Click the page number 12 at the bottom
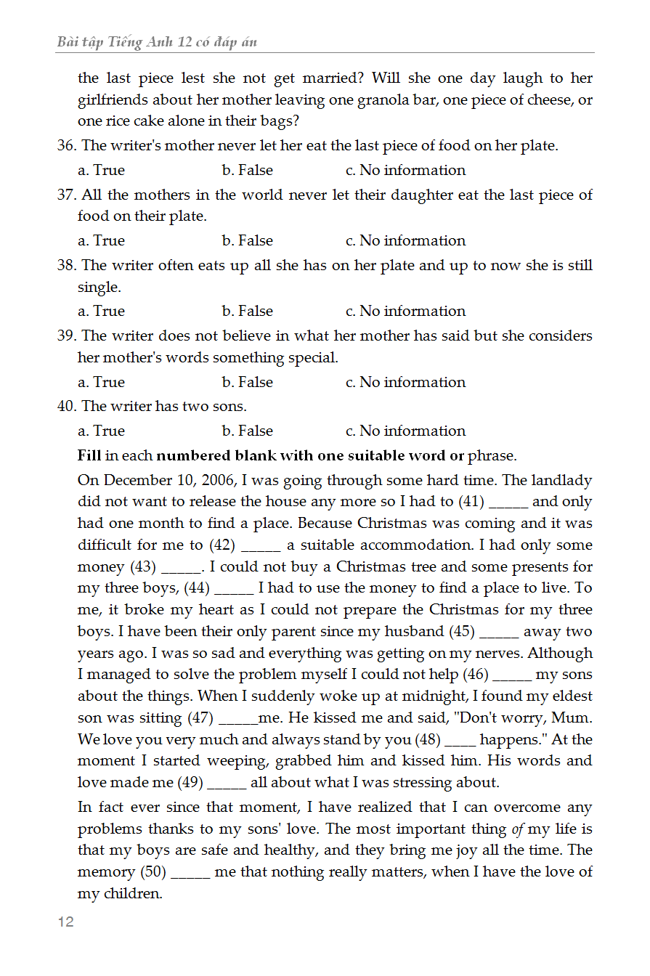[65, 922]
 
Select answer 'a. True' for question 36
[101, 171]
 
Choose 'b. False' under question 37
[248, 241]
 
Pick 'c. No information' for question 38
[405, 312]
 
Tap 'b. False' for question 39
[248, 383]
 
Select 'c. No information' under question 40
[405, 431]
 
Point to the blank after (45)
[500, 633]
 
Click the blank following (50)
[191, 873]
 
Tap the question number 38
[67, 266]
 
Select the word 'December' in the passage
[139, 481]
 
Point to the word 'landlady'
[562, 481]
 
